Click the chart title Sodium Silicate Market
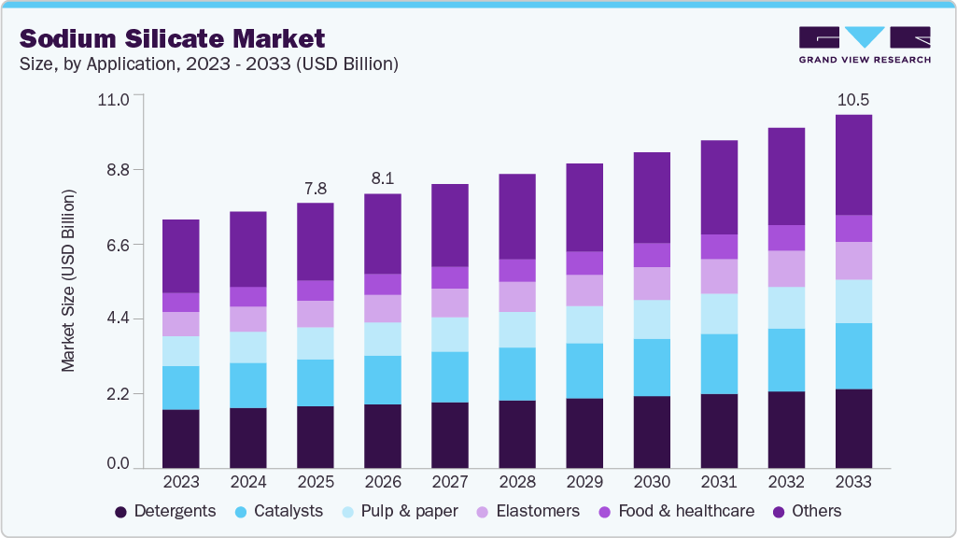pos(173,38)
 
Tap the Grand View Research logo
pos(865,44)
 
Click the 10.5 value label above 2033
pos(853,99)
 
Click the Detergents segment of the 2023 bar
pos(180,438)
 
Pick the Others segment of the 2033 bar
pos(853,164)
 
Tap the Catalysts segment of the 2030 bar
pos(652,367)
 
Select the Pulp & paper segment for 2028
pos(517,330)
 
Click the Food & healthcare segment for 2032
pos(786,237)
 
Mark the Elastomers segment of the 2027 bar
pos(450,303)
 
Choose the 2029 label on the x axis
pos(584,483)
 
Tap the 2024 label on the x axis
pos(248,483)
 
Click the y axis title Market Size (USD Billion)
pos(69,280)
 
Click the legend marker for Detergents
pos(121,512)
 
